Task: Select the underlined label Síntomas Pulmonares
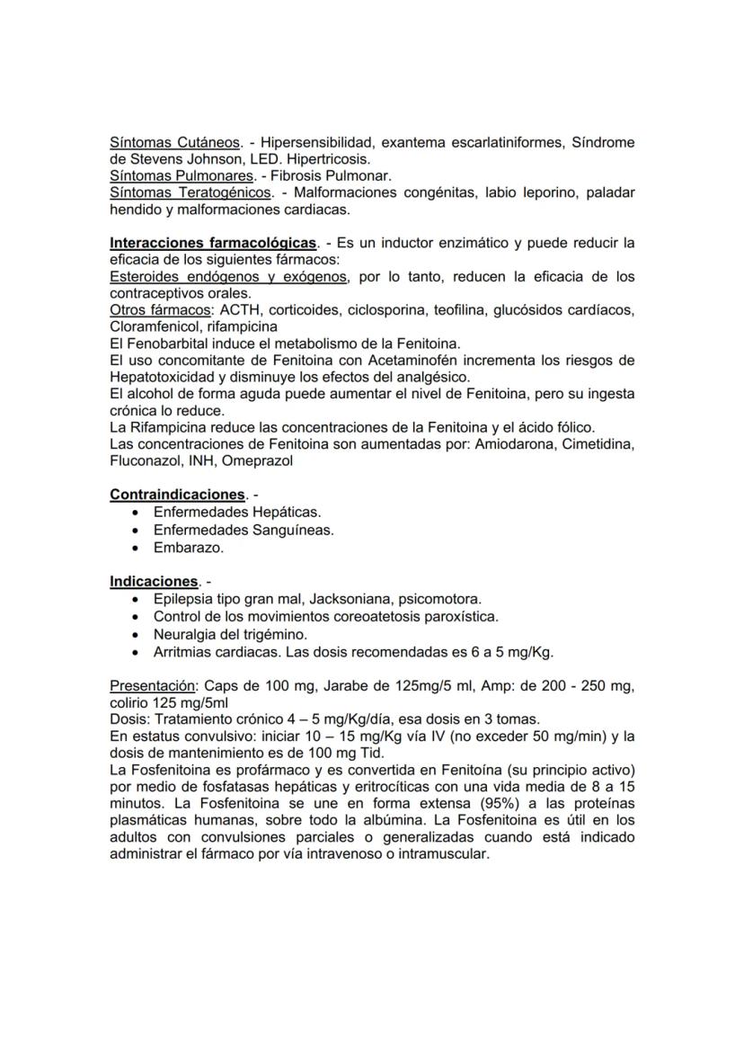tap(179, 176)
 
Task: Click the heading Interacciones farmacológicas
tap(213, 243)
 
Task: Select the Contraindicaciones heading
tap(177, 495)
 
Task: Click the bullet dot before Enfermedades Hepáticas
tap(135, 512)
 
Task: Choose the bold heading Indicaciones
tap(153, 581)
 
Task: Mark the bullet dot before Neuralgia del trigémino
tap(135, 634)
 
